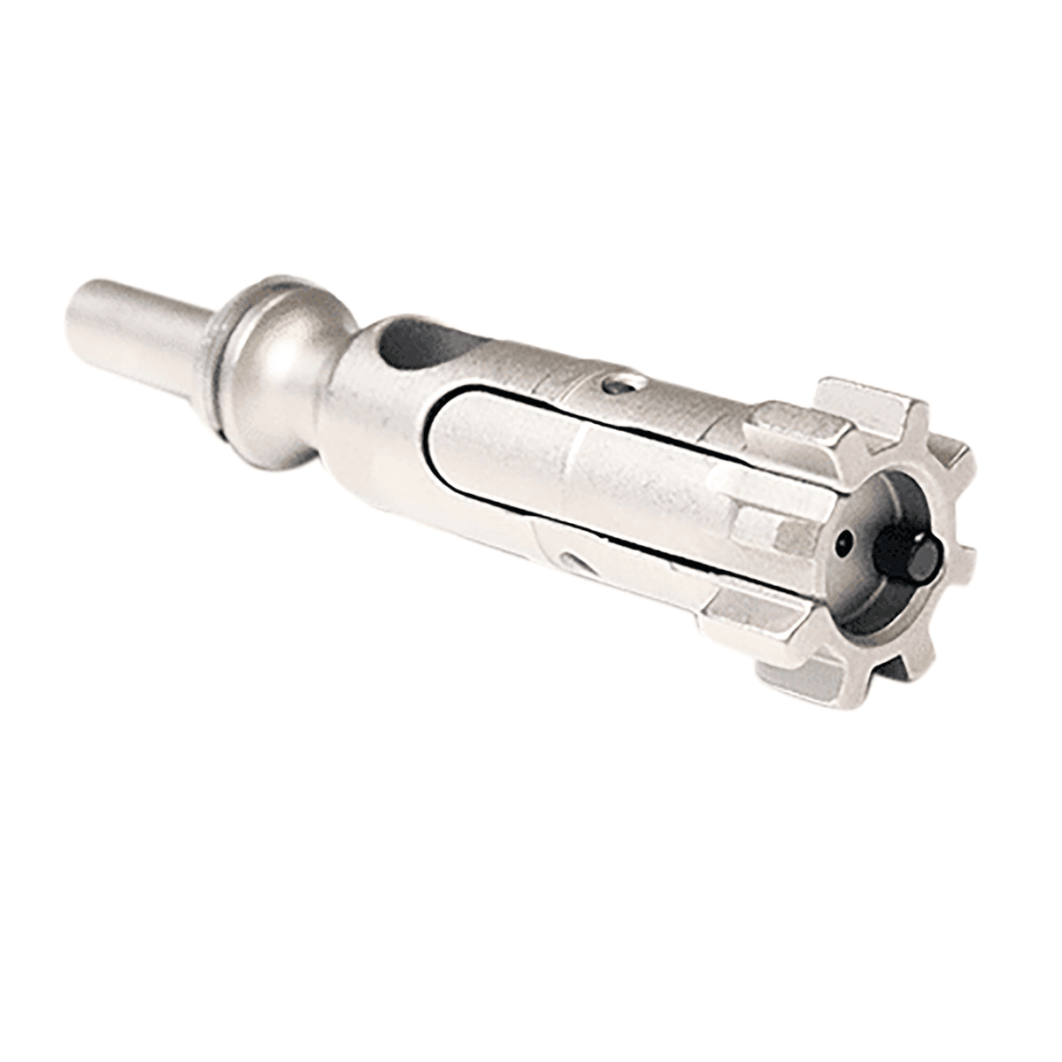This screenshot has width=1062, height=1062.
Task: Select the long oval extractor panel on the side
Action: (x=575, y=478)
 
